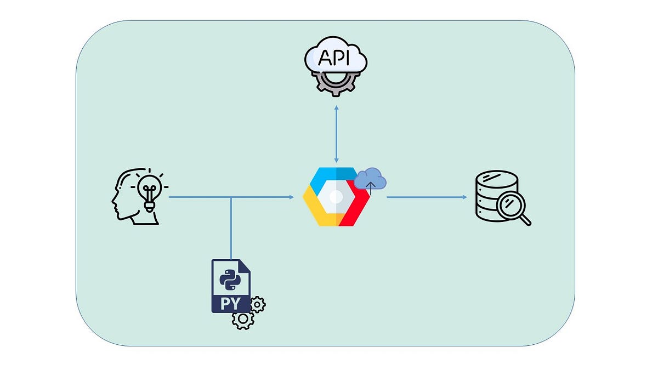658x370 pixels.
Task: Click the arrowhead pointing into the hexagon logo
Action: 291,197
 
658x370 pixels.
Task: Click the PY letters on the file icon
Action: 229,303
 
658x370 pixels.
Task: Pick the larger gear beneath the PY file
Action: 243,319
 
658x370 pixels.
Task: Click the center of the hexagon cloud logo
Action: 336,197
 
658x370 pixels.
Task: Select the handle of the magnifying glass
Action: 526,220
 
